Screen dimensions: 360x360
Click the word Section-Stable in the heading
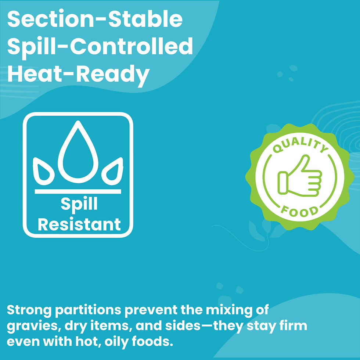click(x=95, y=20)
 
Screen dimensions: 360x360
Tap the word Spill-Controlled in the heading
click(x=100, y=47)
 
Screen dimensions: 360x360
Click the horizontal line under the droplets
click(x=78, y=191)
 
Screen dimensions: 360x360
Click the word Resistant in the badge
click(x=79, y=224)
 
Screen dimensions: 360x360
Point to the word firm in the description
click(x=293, y=326)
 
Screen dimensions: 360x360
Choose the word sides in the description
click(x=182, y=326)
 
